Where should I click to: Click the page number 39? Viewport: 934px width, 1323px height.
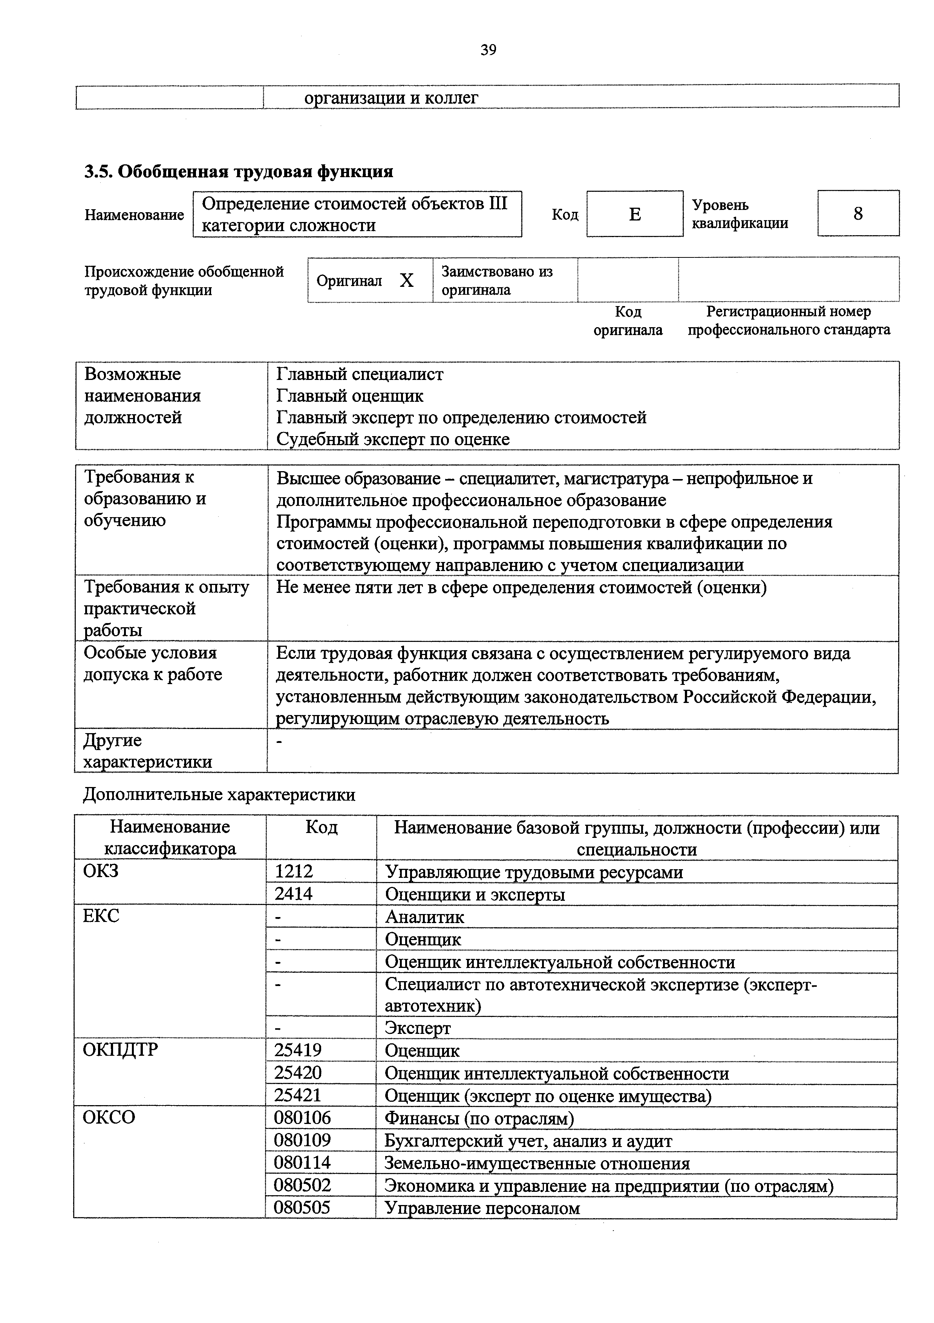(x=488, y=51)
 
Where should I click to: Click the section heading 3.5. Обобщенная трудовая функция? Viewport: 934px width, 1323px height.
(x=239, y=172)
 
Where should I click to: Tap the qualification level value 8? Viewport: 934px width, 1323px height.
(x=857, y=214)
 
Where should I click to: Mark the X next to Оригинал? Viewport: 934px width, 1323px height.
(x=407, y=280)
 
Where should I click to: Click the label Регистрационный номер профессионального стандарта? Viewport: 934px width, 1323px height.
(x=788, y=321)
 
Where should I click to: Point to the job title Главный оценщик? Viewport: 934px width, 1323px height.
(x=350, y=396)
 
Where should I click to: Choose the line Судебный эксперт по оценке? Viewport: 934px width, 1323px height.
(x=393, y=439)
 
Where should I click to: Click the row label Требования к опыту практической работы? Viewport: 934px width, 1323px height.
(x=167, y=608)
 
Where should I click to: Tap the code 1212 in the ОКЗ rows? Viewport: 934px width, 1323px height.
(x=294, y=872)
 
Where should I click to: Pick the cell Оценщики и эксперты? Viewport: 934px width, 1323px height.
(x=475, y=894)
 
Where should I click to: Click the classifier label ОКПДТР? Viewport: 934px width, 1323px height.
(x=120, y=1049)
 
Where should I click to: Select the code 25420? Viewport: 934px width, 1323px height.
(x=297, y=1073)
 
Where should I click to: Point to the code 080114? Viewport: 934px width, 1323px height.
(x=302, y=1163)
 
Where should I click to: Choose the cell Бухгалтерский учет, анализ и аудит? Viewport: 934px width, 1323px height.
(x=528, y=1141)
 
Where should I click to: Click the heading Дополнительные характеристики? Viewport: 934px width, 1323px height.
(x=219, y=795)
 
